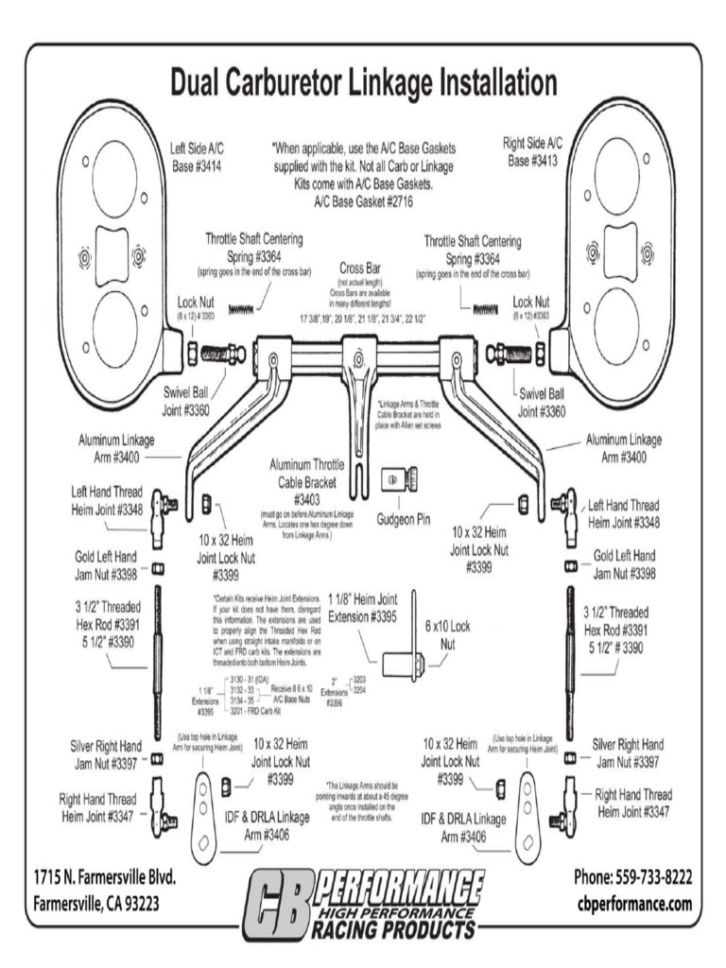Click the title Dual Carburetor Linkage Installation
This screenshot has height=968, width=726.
point(363,82)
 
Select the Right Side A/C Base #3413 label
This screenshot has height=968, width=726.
point(532,151)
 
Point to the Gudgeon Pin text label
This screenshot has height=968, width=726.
point(403,518)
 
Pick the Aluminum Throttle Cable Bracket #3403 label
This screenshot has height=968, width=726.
point(306,481)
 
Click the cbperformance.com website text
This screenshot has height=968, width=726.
point(634,904)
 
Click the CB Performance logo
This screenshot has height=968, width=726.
point(364,905)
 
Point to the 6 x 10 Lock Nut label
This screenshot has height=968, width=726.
point(448,634)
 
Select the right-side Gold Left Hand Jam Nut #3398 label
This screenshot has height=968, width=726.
point(625,564)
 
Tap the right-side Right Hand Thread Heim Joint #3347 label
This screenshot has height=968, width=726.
point(633,803)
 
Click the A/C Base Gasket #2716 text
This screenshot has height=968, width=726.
point(363,201)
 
